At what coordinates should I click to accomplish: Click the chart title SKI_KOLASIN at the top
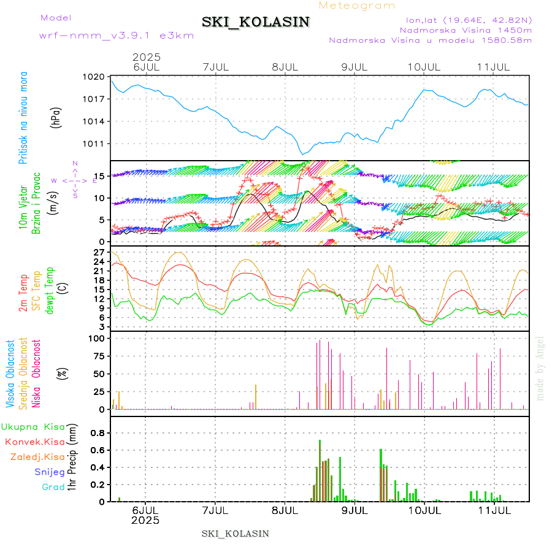point(256,22)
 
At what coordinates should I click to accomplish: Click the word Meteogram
point(357,6)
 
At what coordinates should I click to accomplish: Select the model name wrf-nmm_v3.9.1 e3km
point(117,35)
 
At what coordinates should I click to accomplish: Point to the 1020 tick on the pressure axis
point(95,77)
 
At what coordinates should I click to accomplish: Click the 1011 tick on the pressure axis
point(95,144)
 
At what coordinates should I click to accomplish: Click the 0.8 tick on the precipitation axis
point(98,432)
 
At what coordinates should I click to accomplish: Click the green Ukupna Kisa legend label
point(33,427)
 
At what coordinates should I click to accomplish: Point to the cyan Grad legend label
point(53,488)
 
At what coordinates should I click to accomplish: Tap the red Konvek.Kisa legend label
point(34,442)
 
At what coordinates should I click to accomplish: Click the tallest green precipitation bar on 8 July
point(320,470)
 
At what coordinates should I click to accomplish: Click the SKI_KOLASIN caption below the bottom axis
point(235,533)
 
